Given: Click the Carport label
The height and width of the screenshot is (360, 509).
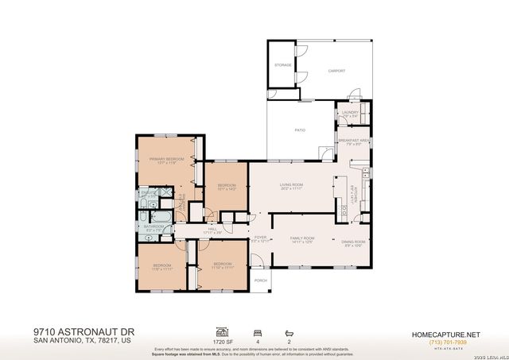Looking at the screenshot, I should point(337,71).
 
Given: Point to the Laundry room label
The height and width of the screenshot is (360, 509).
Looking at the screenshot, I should point(350,113).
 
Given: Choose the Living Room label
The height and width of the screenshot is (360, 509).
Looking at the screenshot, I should point(291,186).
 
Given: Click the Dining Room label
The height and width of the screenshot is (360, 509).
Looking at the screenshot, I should point(353,242).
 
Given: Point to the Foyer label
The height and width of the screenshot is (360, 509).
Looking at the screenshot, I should point(260,238).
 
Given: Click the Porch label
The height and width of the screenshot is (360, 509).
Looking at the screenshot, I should point(260,281).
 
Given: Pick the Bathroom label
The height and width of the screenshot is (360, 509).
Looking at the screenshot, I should point(153,227).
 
